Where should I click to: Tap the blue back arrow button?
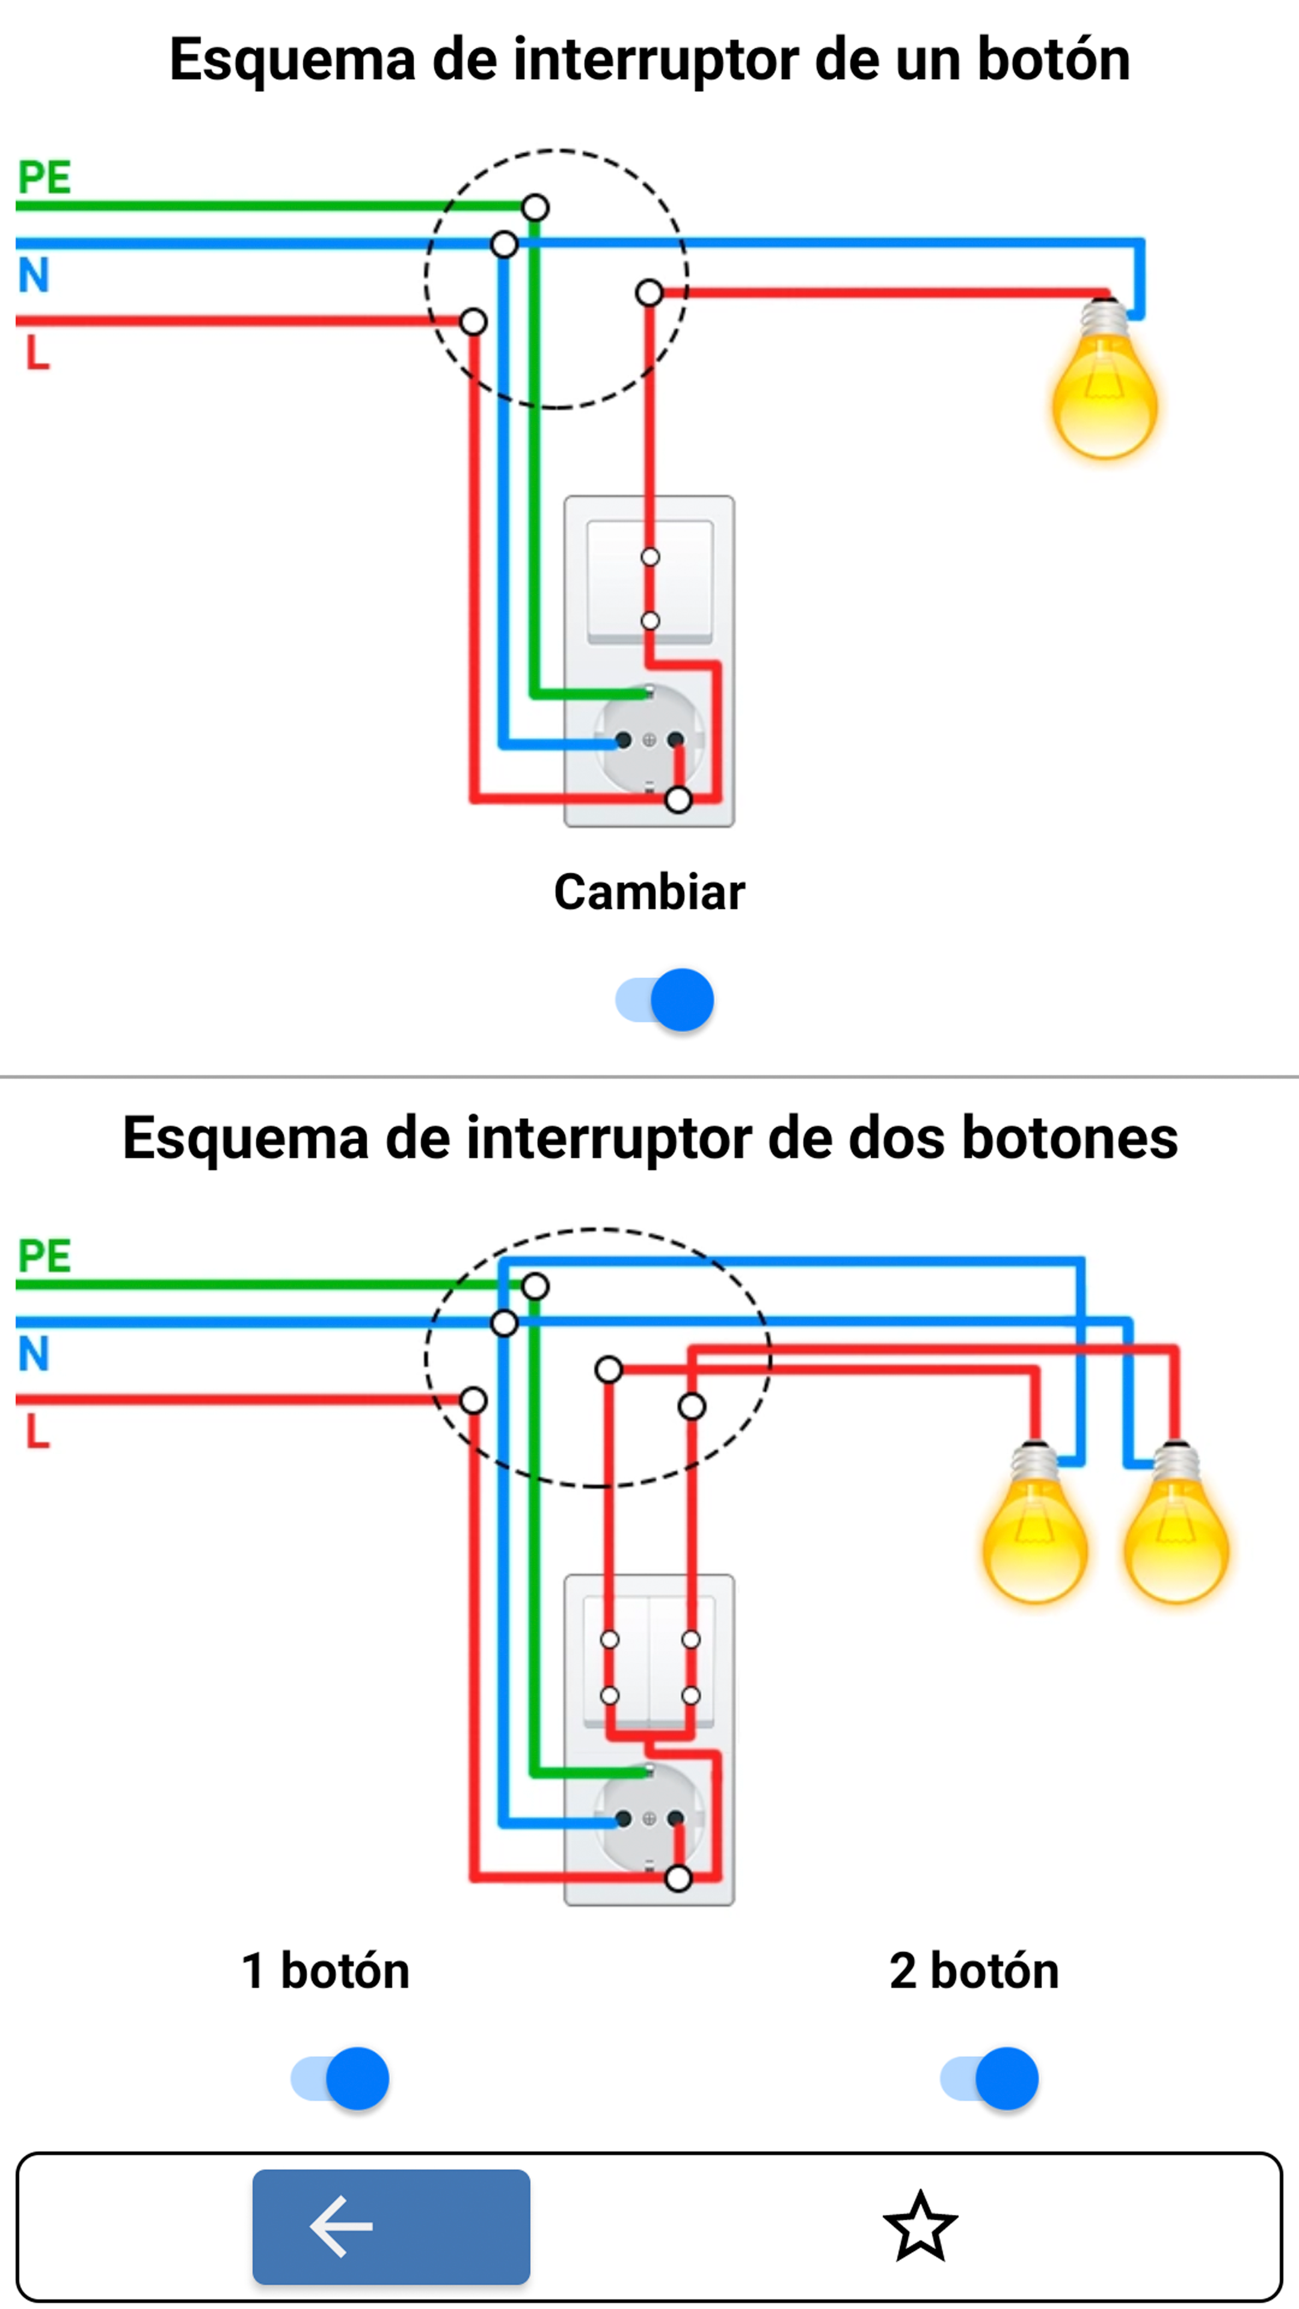click(391, 2225)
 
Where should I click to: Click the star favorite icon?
click(921, 2225)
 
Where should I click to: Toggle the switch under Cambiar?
click(665, 999)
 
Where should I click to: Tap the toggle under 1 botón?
click(340, 2077)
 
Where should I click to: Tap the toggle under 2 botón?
click(989, 2077)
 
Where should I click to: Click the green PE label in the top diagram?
click(44, 177)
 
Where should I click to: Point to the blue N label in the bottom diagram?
click(33, 1354)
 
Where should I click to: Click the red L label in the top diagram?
click(37, 352)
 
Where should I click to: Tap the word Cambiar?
click(649, 892)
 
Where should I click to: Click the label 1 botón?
click(325, 1971)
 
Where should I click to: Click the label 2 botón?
click(974, 1971)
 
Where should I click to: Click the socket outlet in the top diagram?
click(649, 740)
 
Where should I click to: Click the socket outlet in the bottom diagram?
click(649, 1818)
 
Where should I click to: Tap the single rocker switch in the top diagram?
click(649, 583)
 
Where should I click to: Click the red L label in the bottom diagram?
click(37, 1432)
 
